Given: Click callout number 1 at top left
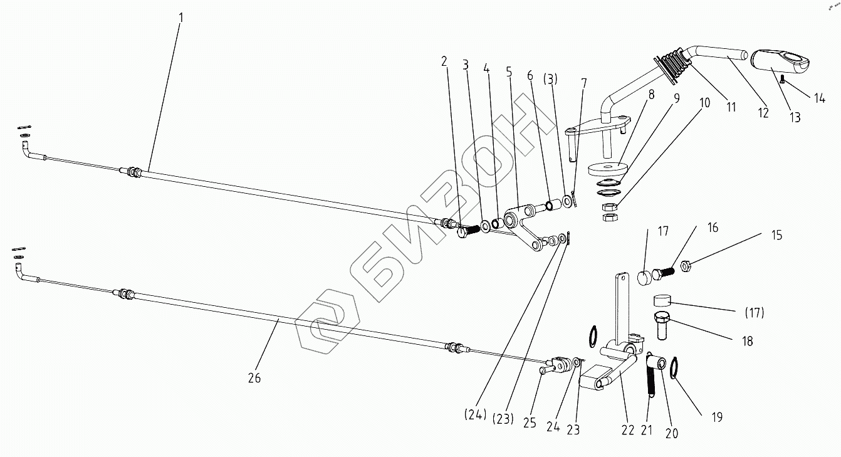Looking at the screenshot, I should pos(181,18).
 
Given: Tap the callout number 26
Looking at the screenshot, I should pos(254,378).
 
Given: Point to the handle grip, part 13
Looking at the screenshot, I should pos(780,62).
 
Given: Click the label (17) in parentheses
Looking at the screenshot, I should pos(755,312).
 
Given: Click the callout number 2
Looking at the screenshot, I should pos(444,61).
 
